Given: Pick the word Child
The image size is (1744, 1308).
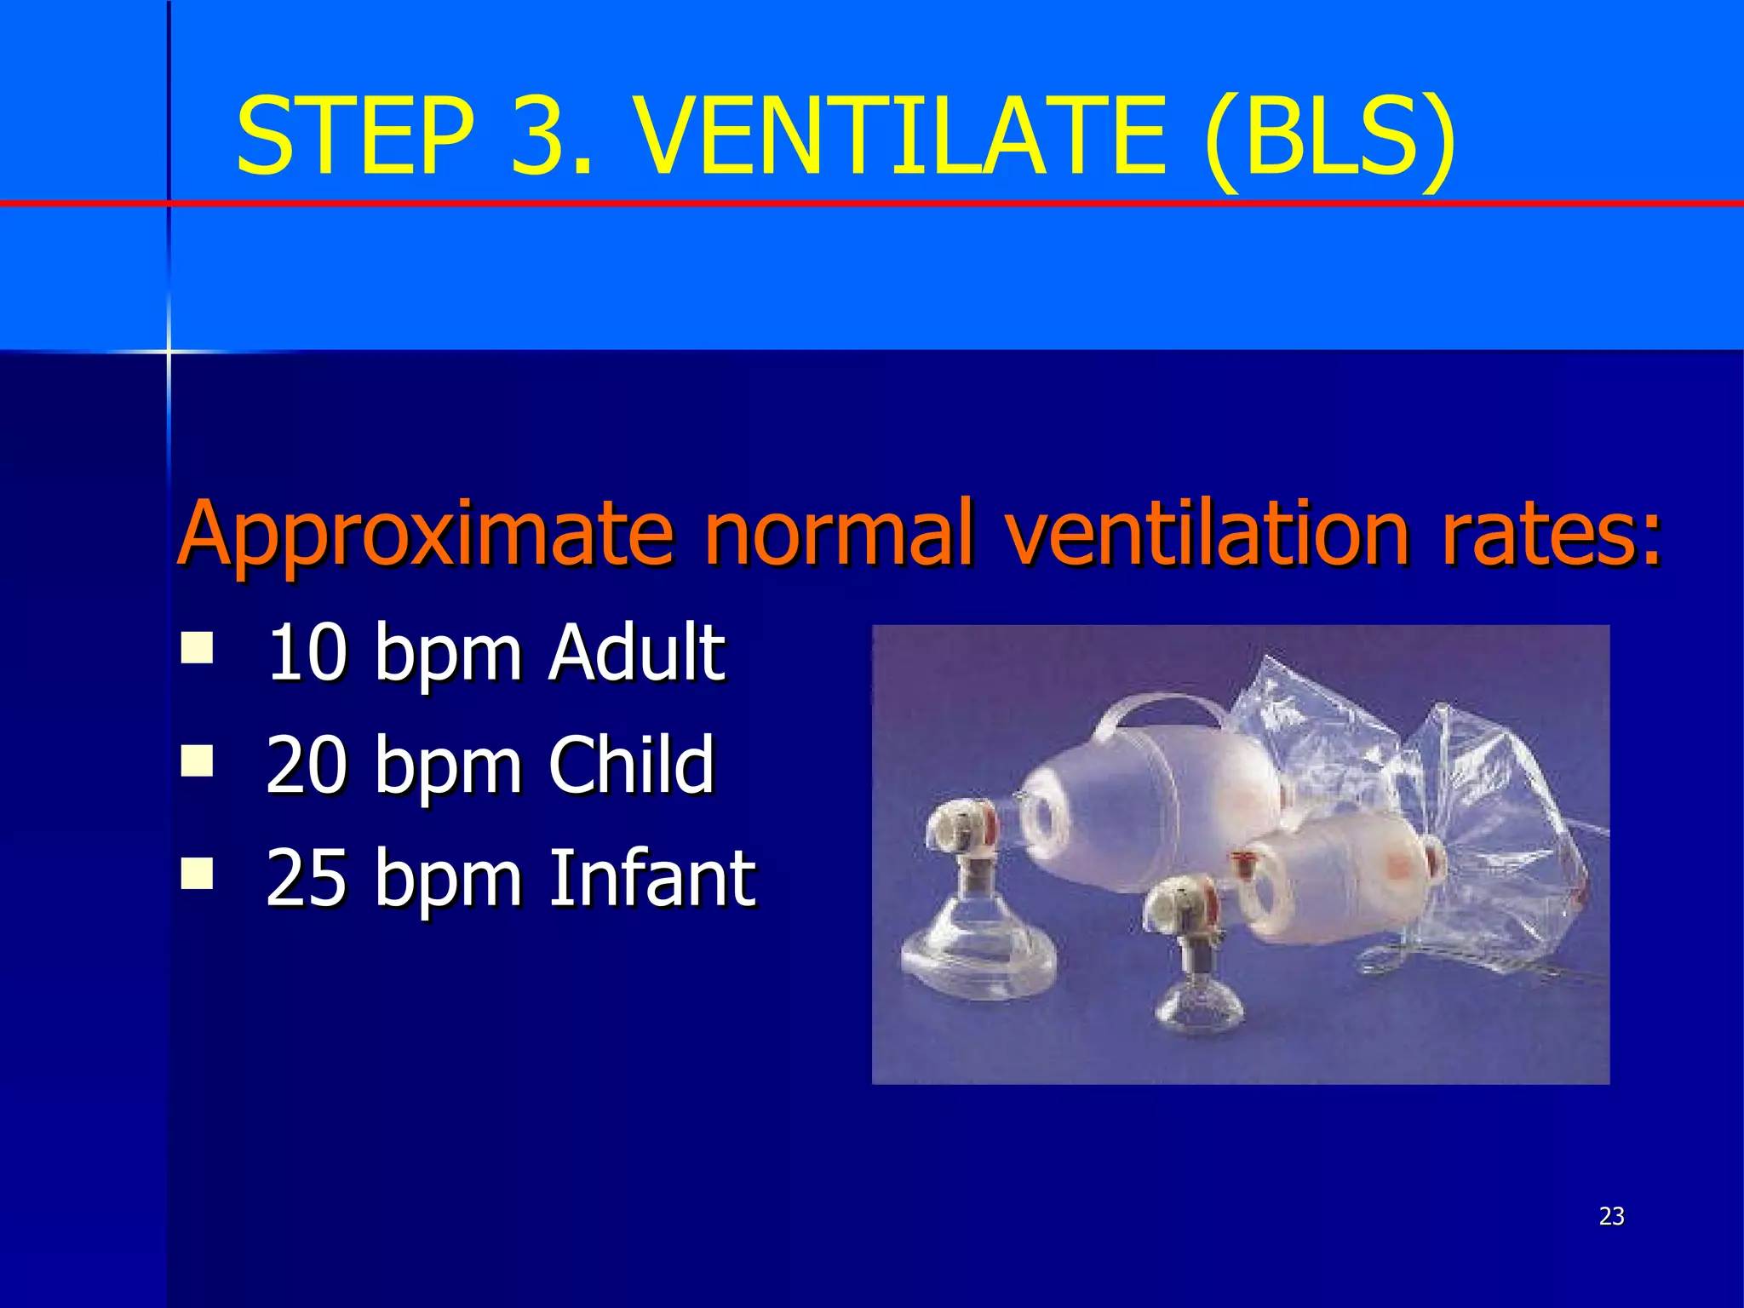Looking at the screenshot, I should click(631, 765).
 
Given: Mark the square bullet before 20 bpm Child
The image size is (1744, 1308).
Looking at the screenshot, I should click(198, 760).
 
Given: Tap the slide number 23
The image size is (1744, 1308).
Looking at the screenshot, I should click(1611, 1216).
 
